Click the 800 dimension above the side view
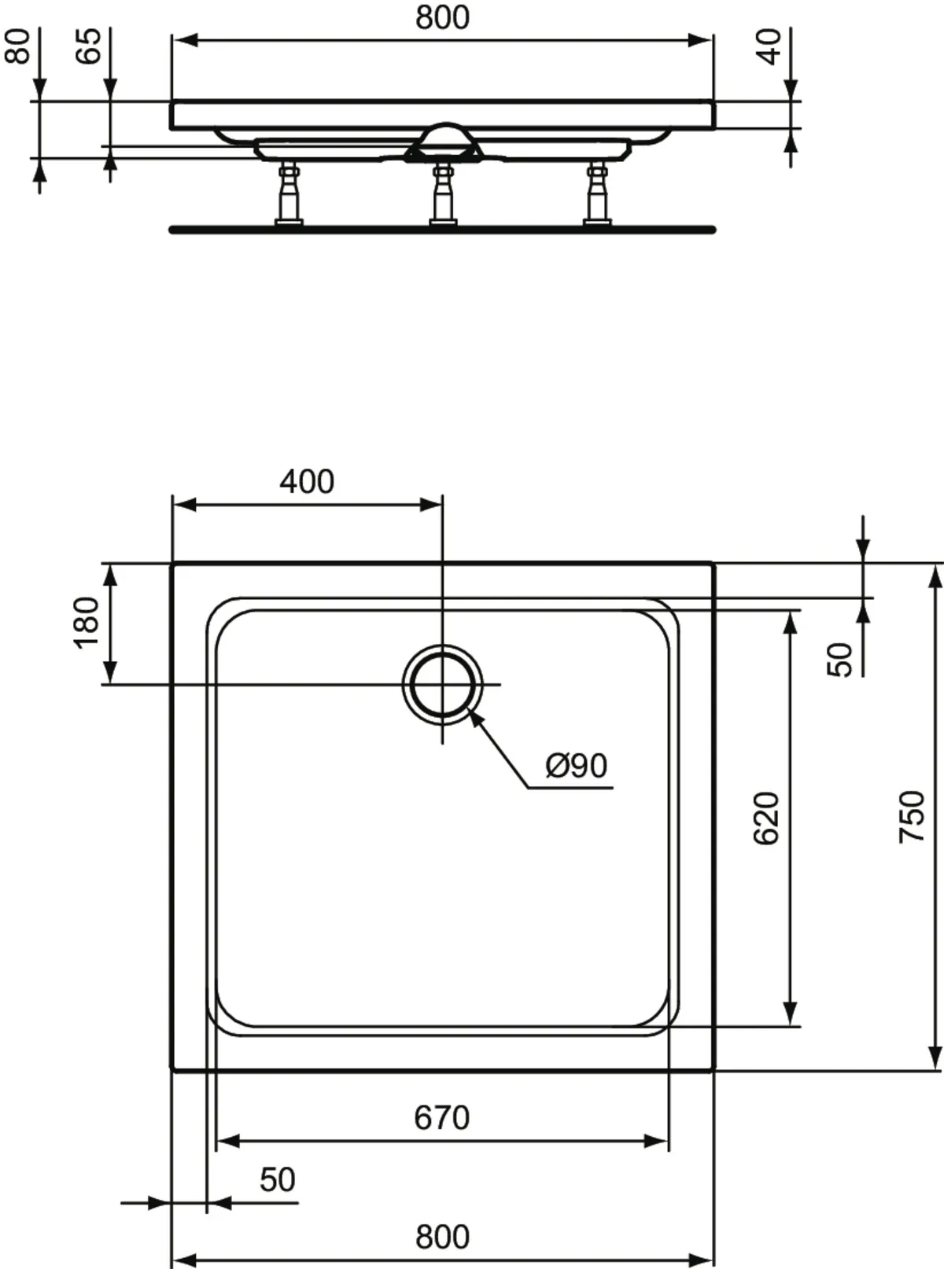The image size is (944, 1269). pos(442,17)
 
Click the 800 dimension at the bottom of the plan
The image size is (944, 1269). pos(442,1236)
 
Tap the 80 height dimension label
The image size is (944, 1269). pos(17,45)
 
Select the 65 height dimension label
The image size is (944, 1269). pos(88,45)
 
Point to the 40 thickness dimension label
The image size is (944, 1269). pos(769,45)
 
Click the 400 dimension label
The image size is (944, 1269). pos(307,481)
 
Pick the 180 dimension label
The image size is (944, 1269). pos(87,621)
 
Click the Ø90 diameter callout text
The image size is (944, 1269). pos(577,765)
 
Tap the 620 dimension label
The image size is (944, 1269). pos(765,818)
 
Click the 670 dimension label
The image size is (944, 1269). pos(441,1117)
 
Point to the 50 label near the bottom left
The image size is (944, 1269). pos(277,1179)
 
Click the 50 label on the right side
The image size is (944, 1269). pos(840,659)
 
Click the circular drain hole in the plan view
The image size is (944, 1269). pos(443,683)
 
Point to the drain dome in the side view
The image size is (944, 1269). pos(445,137)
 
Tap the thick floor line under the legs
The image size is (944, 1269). pos(442,230)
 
